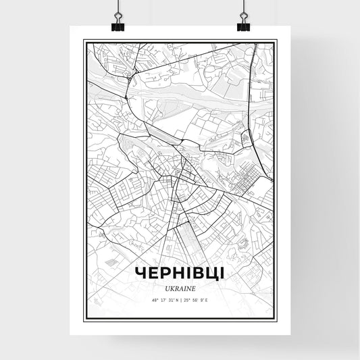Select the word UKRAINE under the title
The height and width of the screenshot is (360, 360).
tap(180, 287)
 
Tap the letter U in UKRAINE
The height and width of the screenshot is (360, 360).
tap(165, 287)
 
